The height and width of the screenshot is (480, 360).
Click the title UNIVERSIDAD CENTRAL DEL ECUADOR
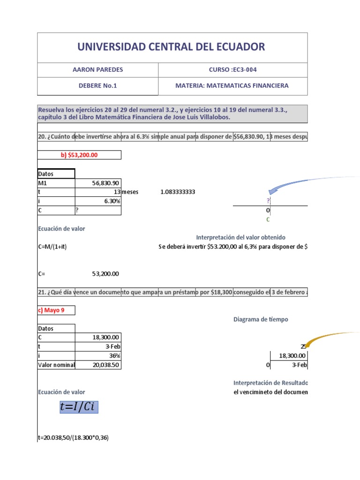coord(172,47)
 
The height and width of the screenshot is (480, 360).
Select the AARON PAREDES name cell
coord(97,70)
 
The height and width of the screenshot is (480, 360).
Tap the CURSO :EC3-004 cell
coord(232,70)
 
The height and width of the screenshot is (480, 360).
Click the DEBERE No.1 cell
coord(97,86)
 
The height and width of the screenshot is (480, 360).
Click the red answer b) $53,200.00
coord(79,155)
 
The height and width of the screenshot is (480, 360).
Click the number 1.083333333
coord(178,192)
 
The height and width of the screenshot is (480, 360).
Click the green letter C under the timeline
coord(268,219)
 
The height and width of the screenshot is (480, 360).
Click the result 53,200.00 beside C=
coord(105,274)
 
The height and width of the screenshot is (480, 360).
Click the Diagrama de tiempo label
coord(261,319)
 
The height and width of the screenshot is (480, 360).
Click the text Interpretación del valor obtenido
coord(240,238)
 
